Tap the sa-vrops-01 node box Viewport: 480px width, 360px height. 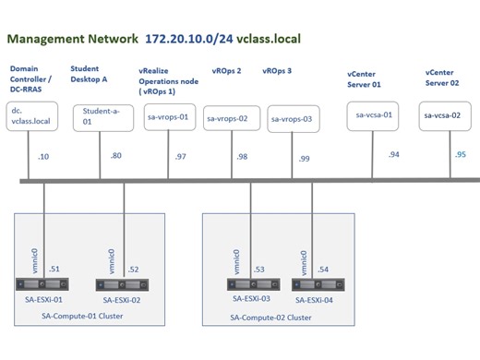[169, 116]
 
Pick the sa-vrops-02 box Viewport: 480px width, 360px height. [227, 118]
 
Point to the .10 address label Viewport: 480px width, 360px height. [43, 157]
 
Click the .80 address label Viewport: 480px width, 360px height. [116, 156]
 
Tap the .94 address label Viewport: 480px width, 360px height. [394, 154]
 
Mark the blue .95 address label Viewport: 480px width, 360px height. [461, 154]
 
